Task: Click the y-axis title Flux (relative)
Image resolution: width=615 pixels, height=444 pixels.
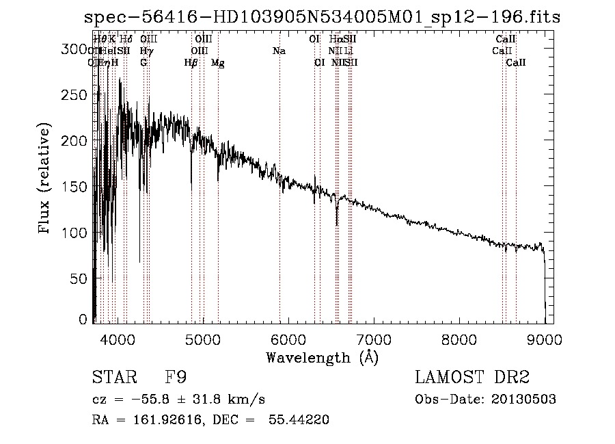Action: tap(45, 180)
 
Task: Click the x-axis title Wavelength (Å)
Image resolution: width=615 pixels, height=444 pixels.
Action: tap(322, 357)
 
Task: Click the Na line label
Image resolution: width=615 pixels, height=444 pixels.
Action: tap(279, 51)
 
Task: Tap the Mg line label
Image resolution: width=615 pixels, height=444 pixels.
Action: tap(218, 63)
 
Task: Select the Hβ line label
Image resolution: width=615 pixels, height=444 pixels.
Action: tap(191, 63)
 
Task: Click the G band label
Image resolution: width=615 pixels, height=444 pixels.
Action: tap(143, 62)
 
